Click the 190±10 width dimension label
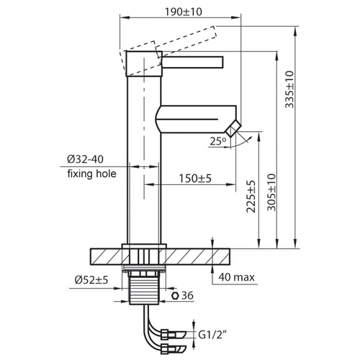(184, 12)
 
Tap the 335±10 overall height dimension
(289, 89)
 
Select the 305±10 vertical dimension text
(271, 192)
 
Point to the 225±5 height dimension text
(251, 197)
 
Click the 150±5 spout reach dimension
(195, 179)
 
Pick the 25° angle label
(218, 141)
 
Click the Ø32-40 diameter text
(85, 159)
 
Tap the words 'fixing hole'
(92, 174)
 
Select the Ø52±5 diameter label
(91, 280)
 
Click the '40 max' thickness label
(236, 277)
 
